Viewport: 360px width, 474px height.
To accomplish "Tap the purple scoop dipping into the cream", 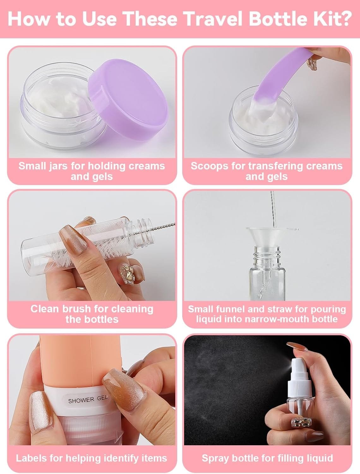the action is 280,80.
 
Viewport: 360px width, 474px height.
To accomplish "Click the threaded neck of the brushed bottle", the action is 141,231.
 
